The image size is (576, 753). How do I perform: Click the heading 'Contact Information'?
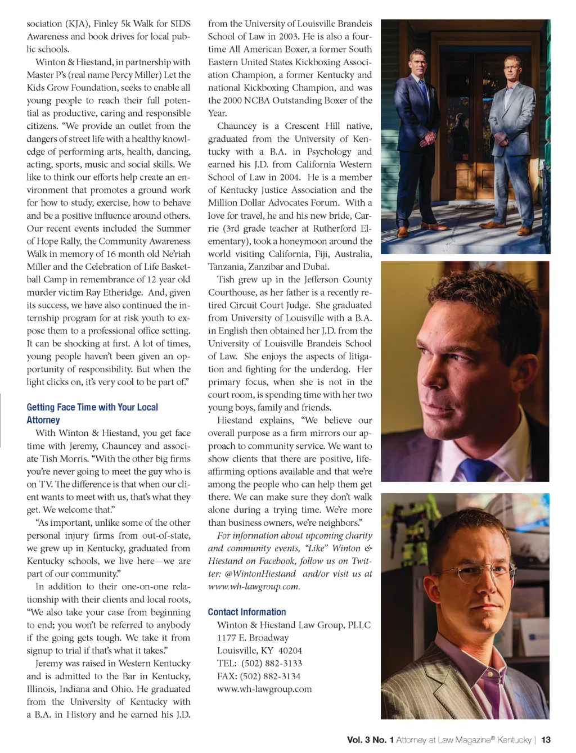tap(247, 612)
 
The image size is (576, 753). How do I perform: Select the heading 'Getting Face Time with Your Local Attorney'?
tap(92, 413)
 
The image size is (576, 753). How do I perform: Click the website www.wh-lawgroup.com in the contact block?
tap(264, 689)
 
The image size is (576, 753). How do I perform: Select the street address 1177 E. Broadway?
tap(253, 638)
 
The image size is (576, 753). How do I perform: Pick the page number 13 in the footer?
tap(546, 740)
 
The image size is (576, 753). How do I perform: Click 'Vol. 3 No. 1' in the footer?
tap(370, 740)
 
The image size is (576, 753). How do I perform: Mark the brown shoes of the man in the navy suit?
tap(404, 232)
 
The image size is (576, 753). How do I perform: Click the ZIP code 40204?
tap(290, 651)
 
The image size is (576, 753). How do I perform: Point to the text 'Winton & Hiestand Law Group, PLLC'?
tap(294, 625)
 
